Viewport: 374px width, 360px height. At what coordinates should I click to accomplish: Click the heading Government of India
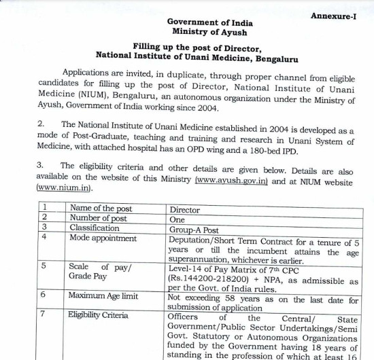point(209,22)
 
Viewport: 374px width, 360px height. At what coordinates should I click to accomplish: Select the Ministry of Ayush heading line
point(209,32)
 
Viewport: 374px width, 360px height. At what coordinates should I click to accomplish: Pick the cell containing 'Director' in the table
point(185,210)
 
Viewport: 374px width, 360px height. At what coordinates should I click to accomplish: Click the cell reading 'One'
point(178,219)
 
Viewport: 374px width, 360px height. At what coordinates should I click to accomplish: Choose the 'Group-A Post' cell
point(194,229)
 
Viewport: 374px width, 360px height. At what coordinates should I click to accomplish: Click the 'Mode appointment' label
point(102,238)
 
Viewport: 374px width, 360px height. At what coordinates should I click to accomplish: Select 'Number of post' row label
point(99,219)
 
